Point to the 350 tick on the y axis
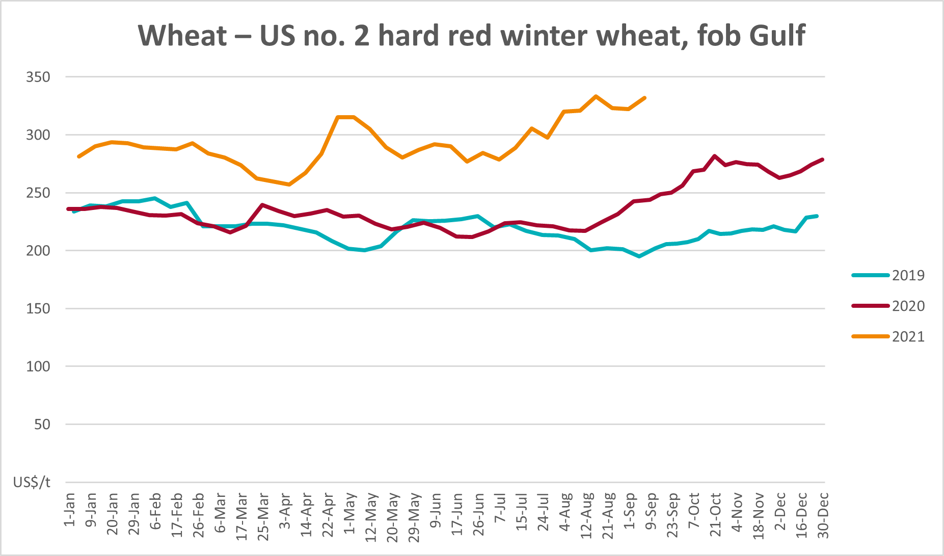pos(38,77)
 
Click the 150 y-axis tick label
pos(38,308)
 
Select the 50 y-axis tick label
pos(42,424)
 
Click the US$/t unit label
pos(32,482)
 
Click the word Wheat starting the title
pos(182,36)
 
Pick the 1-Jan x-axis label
pos(69,510)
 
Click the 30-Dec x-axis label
pos(823,515)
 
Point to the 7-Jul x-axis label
pos(500,508)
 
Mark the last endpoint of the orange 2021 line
pos(645,97)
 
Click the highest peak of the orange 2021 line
pos(596,96)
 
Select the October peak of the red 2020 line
pos(715,156)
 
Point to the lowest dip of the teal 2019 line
pos(639,256)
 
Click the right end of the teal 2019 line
pos(817,216)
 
